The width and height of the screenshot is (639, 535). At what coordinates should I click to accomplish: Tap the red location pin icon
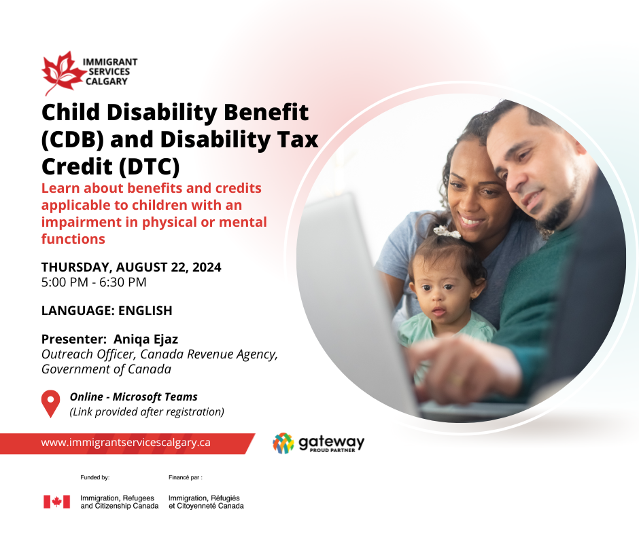[50, 403]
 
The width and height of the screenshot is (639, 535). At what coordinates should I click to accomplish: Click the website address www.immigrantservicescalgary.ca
[126, 443]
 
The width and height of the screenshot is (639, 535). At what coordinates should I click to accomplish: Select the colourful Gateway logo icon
[283, 443]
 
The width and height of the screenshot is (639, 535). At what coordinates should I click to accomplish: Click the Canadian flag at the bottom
[56, 502]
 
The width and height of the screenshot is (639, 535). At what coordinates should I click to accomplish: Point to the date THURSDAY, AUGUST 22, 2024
[131, 267]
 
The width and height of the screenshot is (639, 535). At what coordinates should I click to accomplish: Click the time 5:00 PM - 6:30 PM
[94, 282]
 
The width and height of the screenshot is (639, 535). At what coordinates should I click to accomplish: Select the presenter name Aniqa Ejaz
[145, 339]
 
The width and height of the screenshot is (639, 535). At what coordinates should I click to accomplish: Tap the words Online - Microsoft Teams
[134, 396]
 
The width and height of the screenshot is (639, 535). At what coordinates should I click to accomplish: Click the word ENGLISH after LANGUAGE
[145, 311]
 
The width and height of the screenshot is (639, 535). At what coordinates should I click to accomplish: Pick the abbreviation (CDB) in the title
[73, 140]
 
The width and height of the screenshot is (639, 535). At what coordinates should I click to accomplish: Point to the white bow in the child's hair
[447, 232]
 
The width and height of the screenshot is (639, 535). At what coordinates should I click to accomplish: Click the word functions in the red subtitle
[73, 239]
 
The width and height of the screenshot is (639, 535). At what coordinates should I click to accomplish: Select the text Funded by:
[95, 477]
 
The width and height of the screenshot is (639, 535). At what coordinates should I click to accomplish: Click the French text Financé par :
[186, 477]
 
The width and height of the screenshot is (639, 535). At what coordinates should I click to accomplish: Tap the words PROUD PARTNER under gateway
[332, 450]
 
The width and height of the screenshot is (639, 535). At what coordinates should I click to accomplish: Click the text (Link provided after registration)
[147, 411]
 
